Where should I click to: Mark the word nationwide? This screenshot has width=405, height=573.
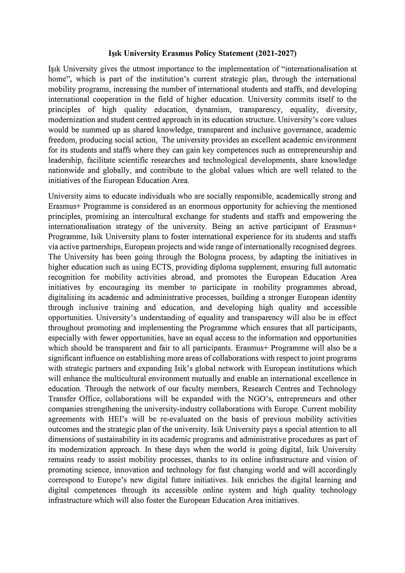65,170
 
